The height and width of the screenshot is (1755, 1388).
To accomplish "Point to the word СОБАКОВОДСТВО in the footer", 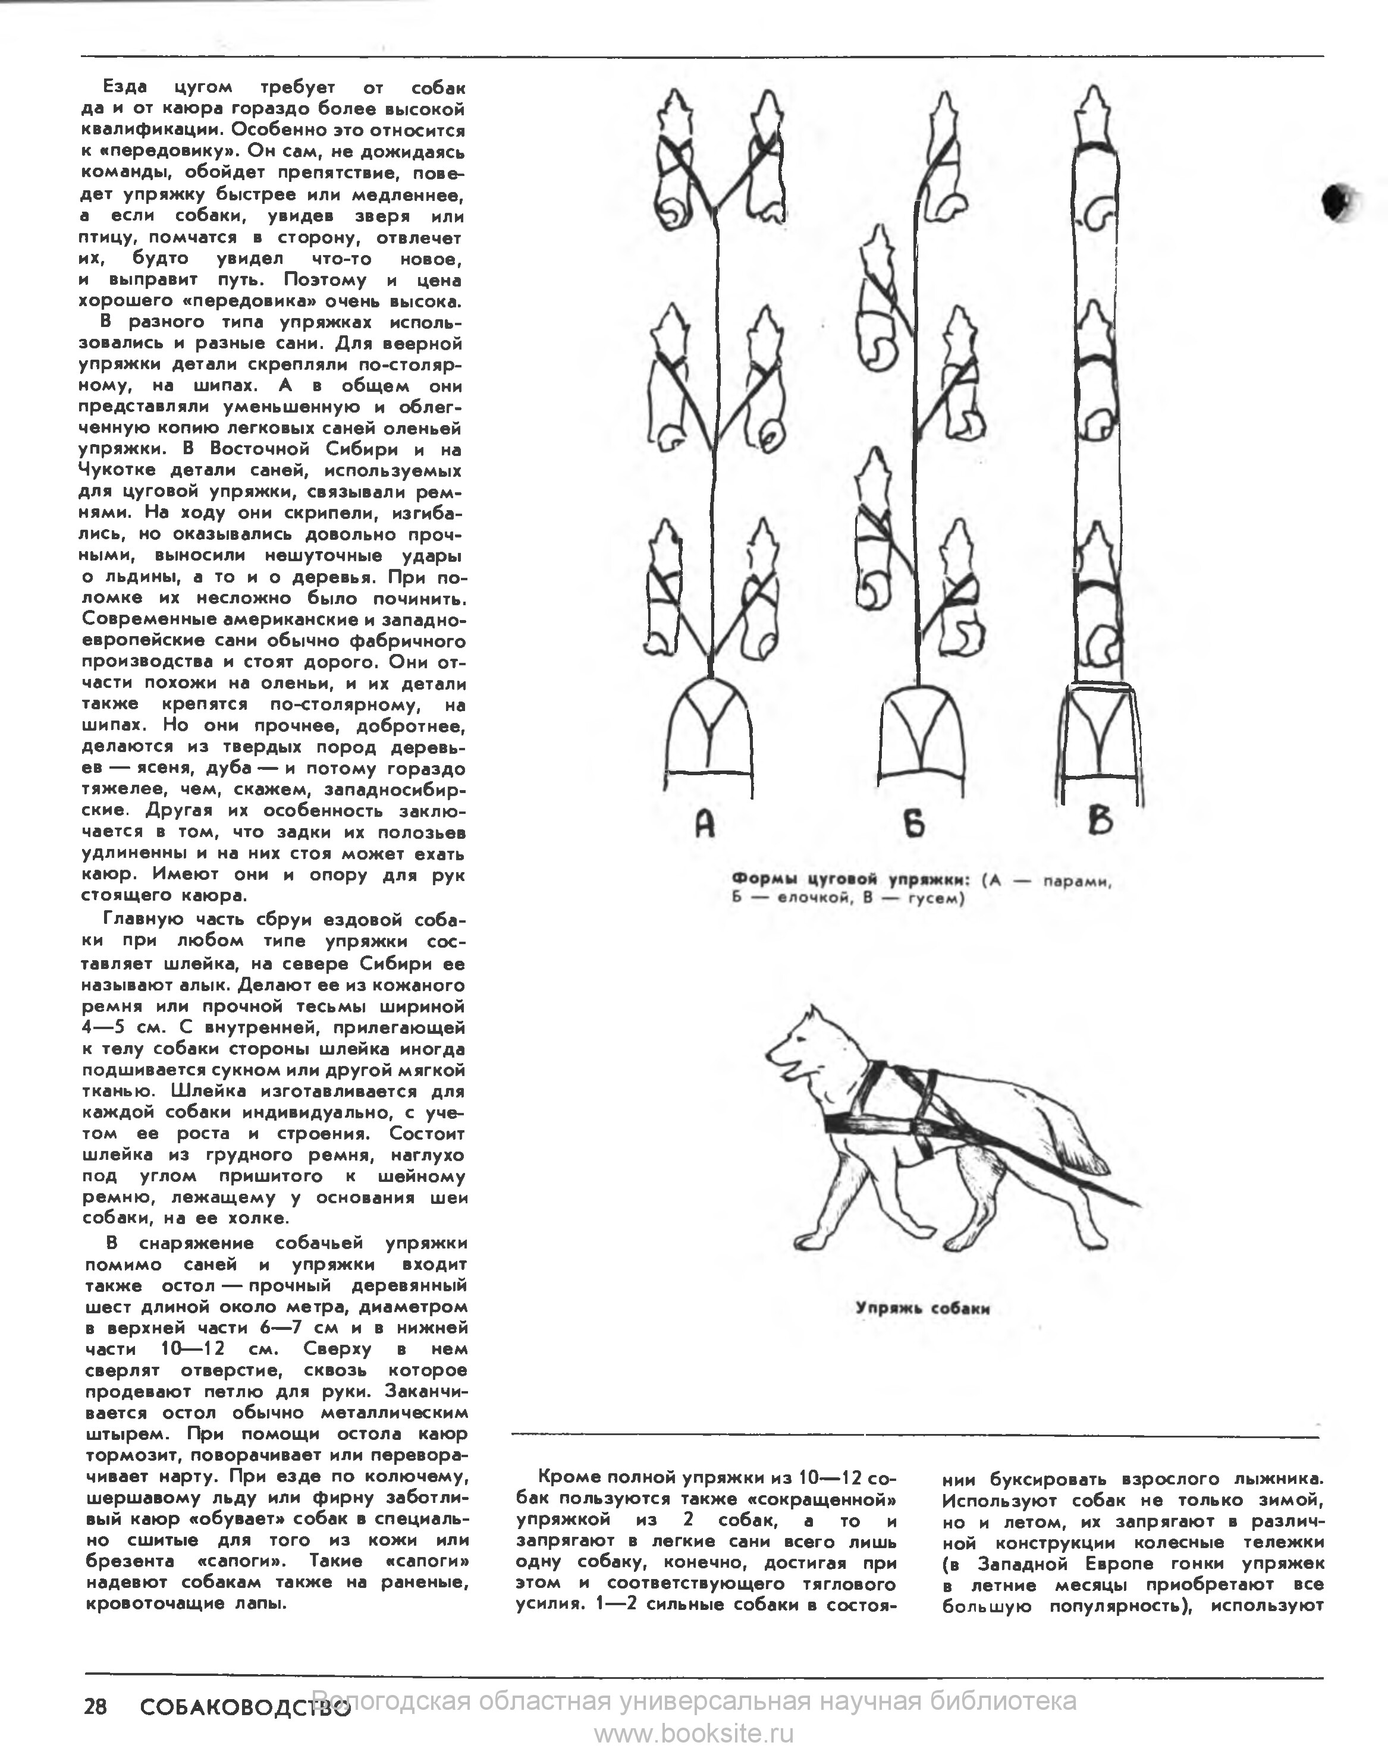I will (x=244, y=1707).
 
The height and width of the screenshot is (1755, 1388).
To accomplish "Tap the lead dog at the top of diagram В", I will (x=1096, y=158).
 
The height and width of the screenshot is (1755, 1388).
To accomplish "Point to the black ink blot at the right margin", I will (x=1335, y=200).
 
